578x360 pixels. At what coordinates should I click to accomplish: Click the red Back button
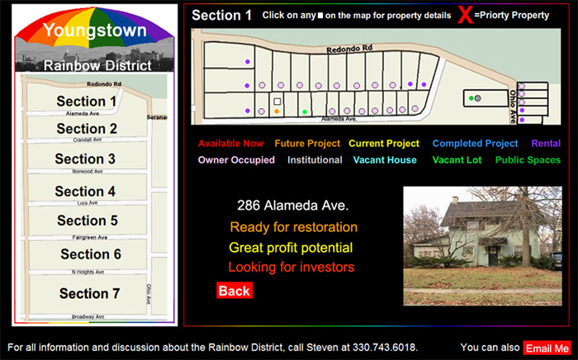pyautogui.click(x=234, y=291)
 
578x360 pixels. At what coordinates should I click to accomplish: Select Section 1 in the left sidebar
pyautogui.click(x=87, y=102)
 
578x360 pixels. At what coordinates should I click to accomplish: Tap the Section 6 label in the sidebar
pyautogui.click(x=91, y=254)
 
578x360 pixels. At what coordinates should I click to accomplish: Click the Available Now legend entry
pyautogui.click(x=230, y=144)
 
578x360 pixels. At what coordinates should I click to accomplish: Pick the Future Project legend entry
pyautogui.click(x=307, y=144)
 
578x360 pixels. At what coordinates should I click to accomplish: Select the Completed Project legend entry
pyautogui.click(x=475, y=144)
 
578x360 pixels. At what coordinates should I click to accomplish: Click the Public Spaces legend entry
pyautogui.click(x=528, y=160)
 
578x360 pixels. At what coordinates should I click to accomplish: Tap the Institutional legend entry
pyautogui.click(x=315, y=160)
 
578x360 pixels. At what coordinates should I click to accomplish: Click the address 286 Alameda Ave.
pyautogui.click(x=292, y=206)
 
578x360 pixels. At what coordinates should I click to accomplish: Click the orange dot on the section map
pyautogui.click(x=277, y=111)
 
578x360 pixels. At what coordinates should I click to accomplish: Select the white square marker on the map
pyautogui.click(x=277, y=102)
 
